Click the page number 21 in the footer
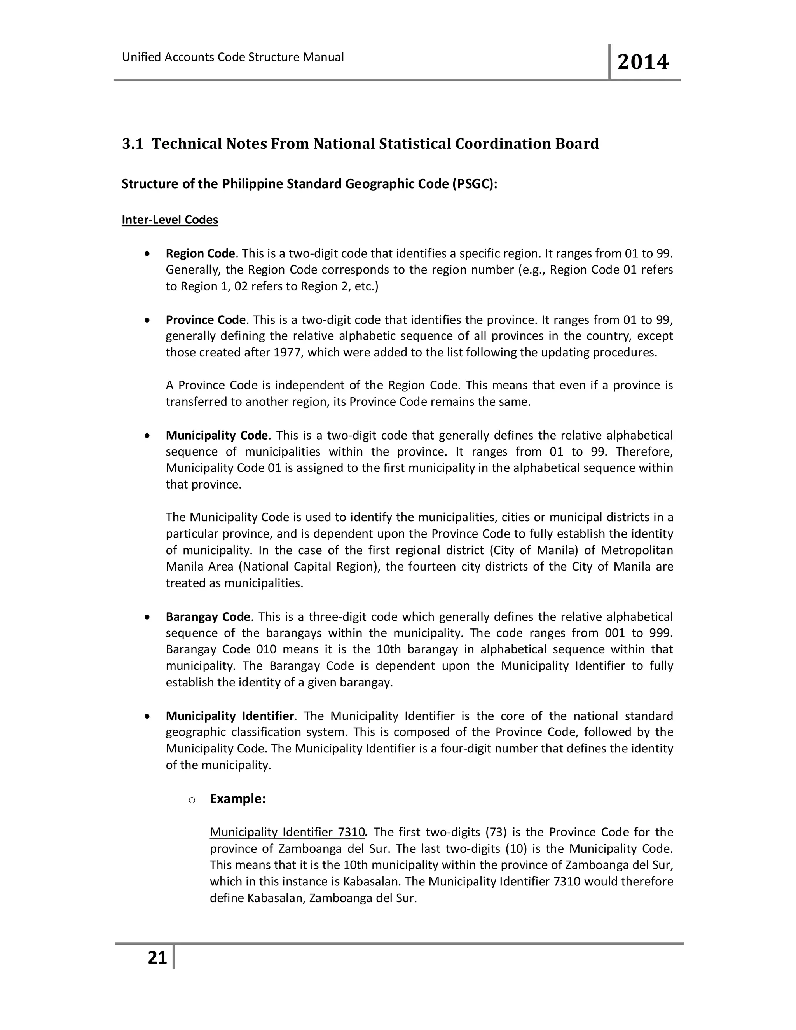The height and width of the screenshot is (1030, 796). point(157,958)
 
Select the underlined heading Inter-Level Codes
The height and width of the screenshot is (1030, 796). point(170,220)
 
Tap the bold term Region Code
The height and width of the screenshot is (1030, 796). point(200,254)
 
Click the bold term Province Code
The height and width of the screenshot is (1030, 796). point(205,320)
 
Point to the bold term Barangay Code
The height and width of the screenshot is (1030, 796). point(208,617)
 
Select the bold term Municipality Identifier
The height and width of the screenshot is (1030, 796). point(230,716)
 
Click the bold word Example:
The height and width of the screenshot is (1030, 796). point(237,799)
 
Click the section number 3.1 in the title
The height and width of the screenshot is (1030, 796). point(133,144)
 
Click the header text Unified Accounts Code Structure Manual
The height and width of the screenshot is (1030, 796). point(232,57)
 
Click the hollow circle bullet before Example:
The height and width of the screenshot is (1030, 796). point(192,800)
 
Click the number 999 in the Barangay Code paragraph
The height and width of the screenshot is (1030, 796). point(661,633)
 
